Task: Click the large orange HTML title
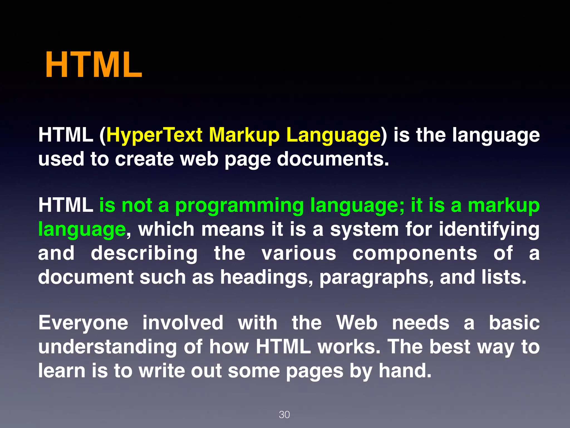(94, 65)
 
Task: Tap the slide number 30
(284, 415)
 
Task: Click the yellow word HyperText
(154, 135)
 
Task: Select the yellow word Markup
(244, 135)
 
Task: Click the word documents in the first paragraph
(333, 159)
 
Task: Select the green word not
(137, 205)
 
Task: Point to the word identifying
(489, 230)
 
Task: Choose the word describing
(144, 254)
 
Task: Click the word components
(415, 254)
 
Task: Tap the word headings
(267, 278)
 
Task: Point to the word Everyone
(83, 323)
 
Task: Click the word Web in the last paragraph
(357, 323)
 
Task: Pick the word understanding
(107, 347)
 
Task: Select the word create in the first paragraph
(144, 159)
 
